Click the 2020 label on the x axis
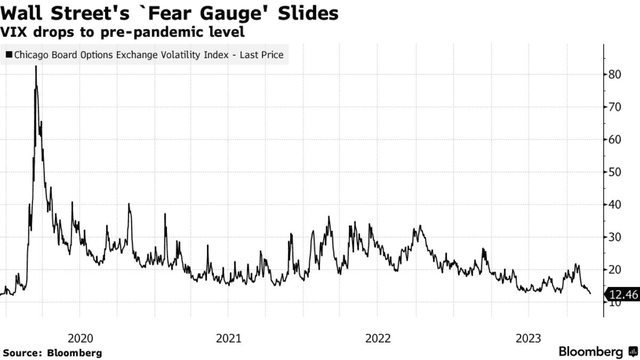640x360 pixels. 80,338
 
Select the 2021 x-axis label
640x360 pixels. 229,338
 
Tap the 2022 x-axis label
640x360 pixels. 377,338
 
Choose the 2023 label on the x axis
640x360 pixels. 527,338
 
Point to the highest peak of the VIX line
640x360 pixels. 36,67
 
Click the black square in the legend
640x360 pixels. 8,55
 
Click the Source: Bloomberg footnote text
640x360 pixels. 52,353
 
